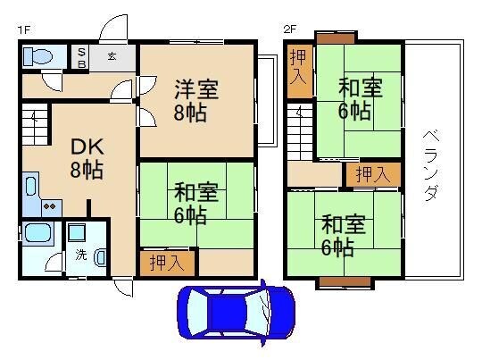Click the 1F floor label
coord(24,29)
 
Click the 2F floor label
coord(289,29)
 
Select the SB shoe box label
coord(79,58)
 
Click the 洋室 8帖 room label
coord(195,101)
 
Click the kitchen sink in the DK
coord(30,188)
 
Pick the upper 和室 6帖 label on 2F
coord(360,98)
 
